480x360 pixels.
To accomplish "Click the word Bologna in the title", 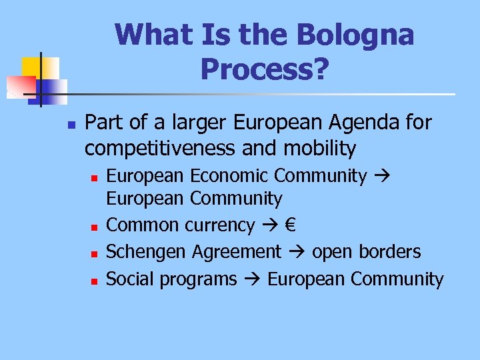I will point(361,35).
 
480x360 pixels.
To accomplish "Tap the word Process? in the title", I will point(264,68).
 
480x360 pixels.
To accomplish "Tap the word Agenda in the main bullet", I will point(361,123).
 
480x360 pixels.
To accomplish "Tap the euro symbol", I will point(290,225).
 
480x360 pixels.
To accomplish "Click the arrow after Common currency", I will point(269,226).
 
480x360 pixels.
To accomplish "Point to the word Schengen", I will point(147,252).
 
